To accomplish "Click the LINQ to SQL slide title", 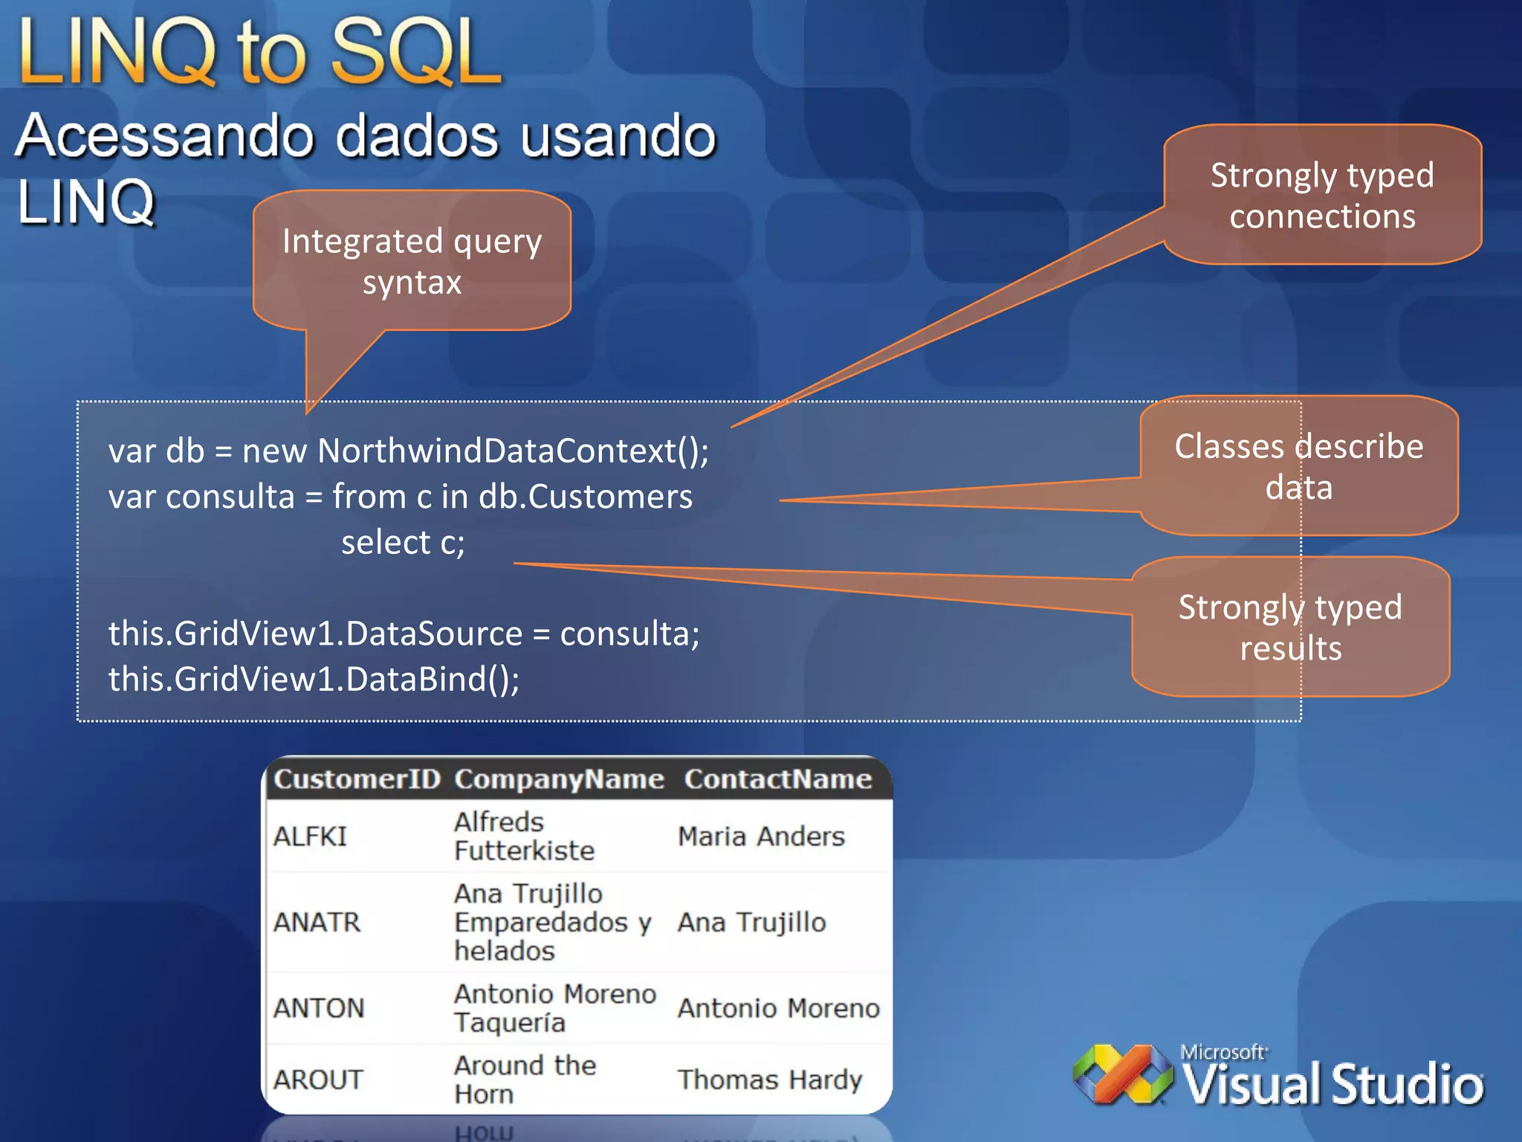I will pyautogui.click(x=260, y=52).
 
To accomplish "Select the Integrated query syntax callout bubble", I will pyautogui.click(x=412, y=261).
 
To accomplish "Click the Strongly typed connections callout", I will pyautogui.click(x=1322, y=196).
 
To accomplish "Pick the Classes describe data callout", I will pyautogui.click(x=1298, y=466).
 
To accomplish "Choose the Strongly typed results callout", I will pyautogui.click(x=1290, y=627).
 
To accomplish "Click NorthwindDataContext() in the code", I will pyautogui.click(x=513, y=451).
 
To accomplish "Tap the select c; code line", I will pyautogui.click(x=403, y=542).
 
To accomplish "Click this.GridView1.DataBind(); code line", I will pyautogui.click(x=314, y=679).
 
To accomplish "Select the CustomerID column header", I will pyautogui.click(x=357, y=779).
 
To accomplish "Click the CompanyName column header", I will pyautogui.click(x=559, y=779).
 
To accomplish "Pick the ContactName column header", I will pyautogui.click(x=777, y=779).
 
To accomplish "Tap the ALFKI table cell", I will pyautogui.click(x=310, y=836).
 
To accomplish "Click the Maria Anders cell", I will pyautogui.click(x=761, y=836).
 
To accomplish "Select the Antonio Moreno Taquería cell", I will pyautogui.click(x=554, y=1008).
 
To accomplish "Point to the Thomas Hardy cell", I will pyautogui.click(x=770, y=1080).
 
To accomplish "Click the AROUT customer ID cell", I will pyautogui.click(x=318, y=1080).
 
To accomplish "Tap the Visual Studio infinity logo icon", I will pyautogui.click(x=1122, y=1074).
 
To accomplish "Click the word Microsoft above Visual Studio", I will pyautogui.click(x=1223, y=1052).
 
